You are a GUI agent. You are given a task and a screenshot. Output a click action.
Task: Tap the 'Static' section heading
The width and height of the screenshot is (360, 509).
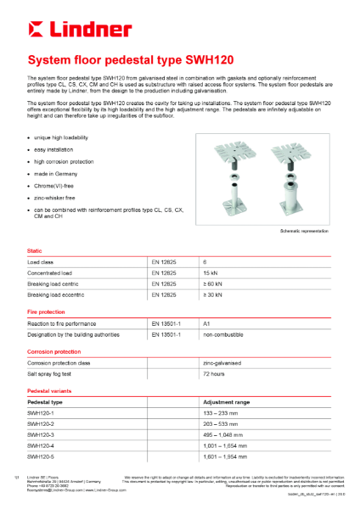point(36,251)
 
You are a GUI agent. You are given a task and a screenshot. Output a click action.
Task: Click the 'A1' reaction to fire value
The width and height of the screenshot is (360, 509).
point(207,324)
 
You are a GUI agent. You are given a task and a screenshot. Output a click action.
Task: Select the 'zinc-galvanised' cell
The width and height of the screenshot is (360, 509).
point(222,362)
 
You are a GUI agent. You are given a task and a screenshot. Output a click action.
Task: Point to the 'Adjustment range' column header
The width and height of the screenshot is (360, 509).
point(226,401)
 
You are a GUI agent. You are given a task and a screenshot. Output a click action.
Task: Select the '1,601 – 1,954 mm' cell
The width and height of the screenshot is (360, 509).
point(228,456)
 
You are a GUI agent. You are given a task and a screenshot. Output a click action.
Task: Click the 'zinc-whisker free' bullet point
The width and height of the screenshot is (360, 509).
point(58,196)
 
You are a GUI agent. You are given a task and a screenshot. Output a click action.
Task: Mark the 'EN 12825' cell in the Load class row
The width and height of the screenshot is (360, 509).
point(164,262)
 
